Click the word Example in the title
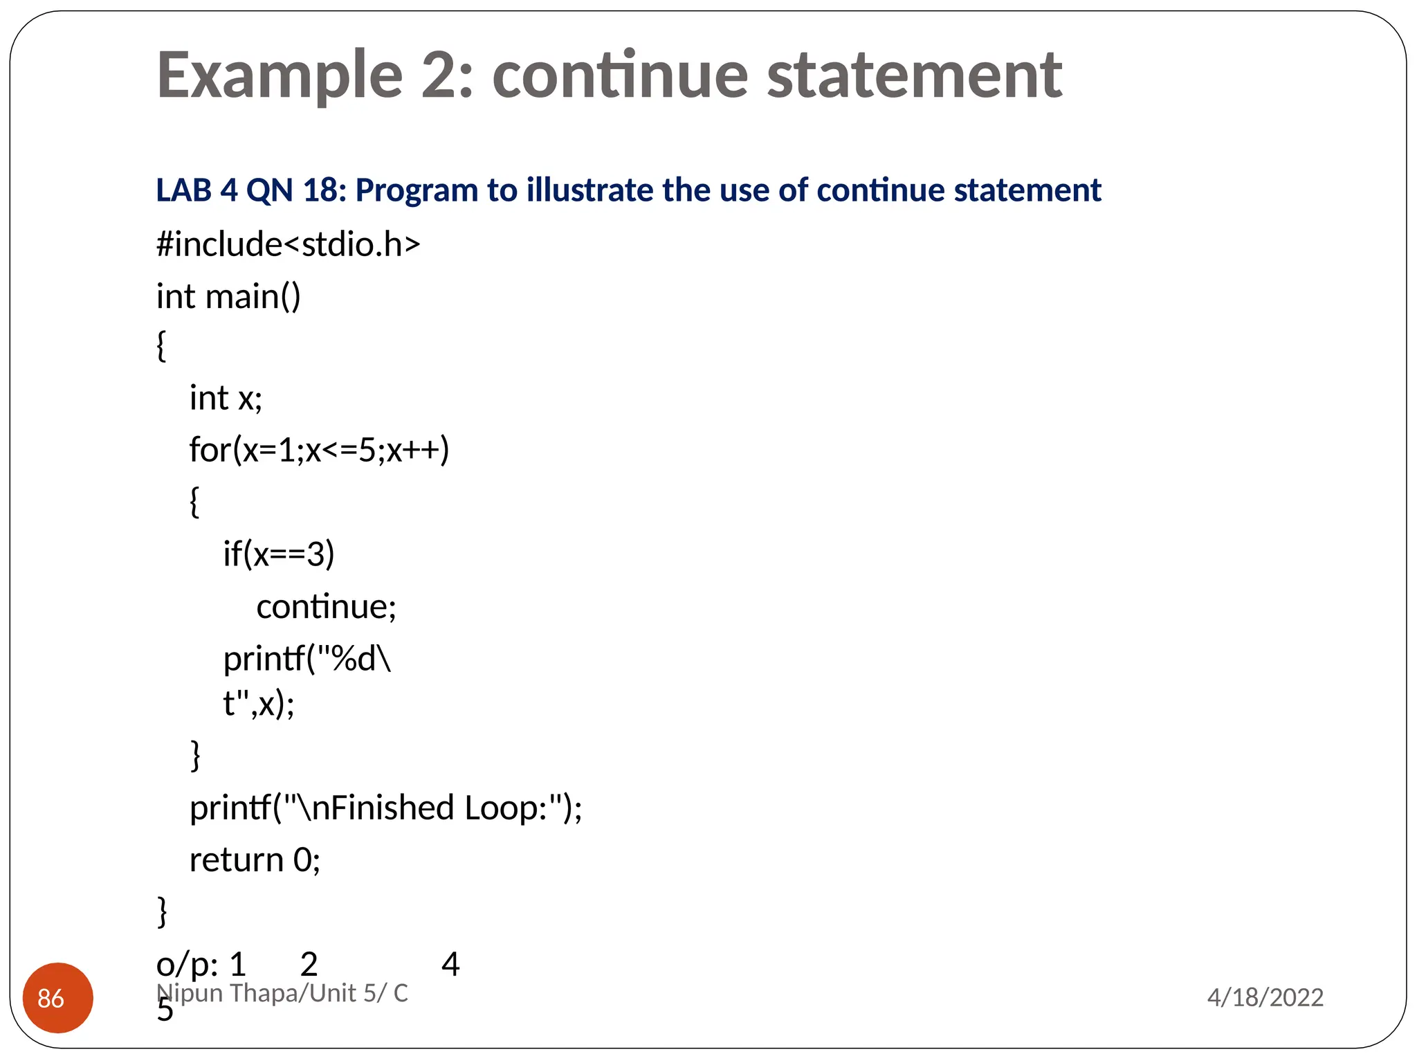pos(280,76)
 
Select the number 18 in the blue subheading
pos(324,190)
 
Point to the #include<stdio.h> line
pos(288,244)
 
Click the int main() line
pos(228,296)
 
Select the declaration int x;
pos(226,398)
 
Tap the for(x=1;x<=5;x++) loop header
pos(319,450)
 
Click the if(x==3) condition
pos(278,554)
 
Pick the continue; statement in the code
pos(326,607)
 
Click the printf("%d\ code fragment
pos(307,659)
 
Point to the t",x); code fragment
pos(258,705)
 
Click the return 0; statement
pos(255,860)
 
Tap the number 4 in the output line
pos(450,964)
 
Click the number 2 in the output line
pos(309,964)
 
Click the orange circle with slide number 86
pos(58,997)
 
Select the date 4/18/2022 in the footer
pos(1265,997)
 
